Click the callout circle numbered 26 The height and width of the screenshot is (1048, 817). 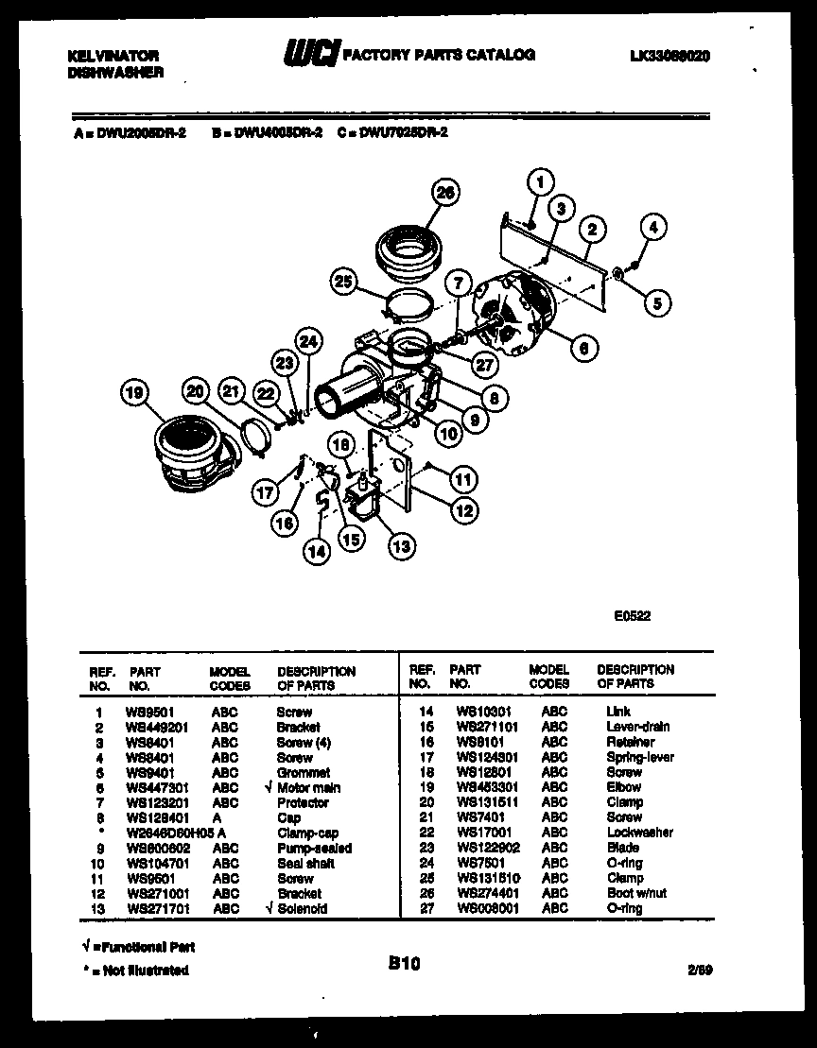pyautogui.click(x=445, y=193)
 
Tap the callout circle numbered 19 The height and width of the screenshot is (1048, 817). pyautogui.click(x=136, y=392)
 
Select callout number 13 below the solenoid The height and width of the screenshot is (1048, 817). pyautogui.click(x=402, y=544)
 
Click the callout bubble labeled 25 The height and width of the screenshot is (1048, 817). pyautogui.click(x=346, y=281)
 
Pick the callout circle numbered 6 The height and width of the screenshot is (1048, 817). pyautogui.click(x=584, y=348)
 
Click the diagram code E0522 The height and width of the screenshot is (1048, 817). pyautogui.click(x=632, y=615)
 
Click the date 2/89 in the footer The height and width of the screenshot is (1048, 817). pyautogui.click(x=700, y=971)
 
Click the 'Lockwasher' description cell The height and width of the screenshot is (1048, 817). pyautogui.click(x=639, y=833)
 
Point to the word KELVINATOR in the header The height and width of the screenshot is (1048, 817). pyautogui.click(x=113, y=57)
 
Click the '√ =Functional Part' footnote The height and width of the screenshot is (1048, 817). pyautogui.click(x=137, y=946)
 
